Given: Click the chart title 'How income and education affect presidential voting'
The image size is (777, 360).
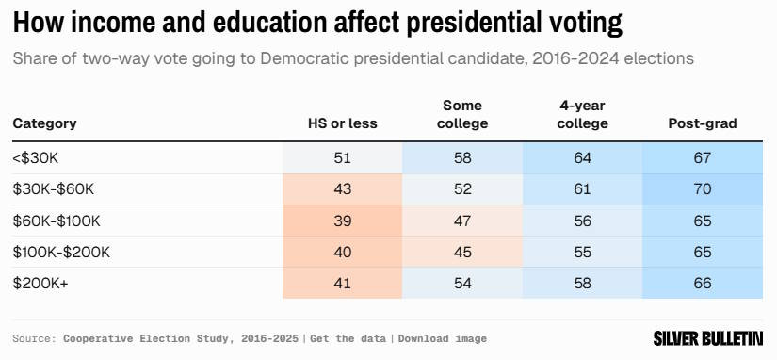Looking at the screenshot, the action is (x=317, y=23).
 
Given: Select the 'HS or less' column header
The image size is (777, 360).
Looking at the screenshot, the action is (x=343, y=123).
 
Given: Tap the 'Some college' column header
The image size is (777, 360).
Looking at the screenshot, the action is (x=462, y=115).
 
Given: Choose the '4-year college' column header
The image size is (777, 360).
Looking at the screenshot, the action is (x=582, y=115).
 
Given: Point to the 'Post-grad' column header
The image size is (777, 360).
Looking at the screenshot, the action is (x=703, y=123).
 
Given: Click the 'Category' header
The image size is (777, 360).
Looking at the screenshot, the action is (x=44, y=123).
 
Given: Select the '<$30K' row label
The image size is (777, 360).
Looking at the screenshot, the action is (x=36, y=158).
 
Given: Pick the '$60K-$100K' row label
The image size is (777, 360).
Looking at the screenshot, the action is (x=57, y=221).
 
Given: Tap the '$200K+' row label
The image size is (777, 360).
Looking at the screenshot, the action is (x=40, y=283).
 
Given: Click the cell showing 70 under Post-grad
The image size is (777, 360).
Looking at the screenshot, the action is (x=703, y=189).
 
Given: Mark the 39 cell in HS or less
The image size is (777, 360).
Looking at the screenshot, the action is (x=343, y=221).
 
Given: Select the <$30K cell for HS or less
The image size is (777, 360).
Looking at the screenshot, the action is (x=343, y=158).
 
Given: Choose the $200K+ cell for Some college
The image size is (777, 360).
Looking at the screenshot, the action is (x=462, y=283).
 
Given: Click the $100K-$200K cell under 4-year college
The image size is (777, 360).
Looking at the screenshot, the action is (x=582, y=252).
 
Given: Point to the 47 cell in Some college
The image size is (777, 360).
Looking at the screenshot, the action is (x=462, y=221).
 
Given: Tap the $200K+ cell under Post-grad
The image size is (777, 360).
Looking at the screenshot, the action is (x=703, y=283).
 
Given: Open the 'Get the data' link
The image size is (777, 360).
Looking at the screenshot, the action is (x=348, y=338).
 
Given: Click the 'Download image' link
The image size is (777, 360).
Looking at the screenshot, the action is (x=443, y=338).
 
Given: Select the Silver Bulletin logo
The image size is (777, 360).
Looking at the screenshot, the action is (x=707, y=338).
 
